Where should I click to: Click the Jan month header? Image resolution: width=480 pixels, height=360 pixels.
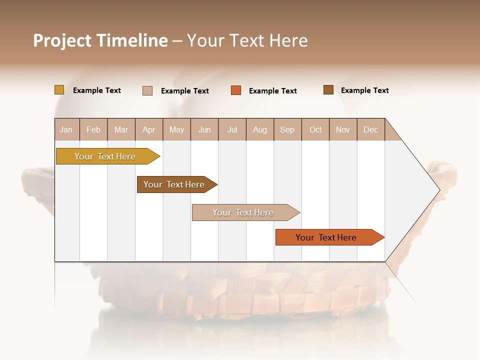point(66,129)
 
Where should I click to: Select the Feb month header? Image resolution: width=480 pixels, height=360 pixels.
point(93,129)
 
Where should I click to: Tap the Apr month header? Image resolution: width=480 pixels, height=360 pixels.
point(149,129)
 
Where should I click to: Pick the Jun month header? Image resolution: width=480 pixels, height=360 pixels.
point(204,129)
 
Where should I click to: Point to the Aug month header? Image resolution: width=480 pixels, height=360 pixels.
point(260,129)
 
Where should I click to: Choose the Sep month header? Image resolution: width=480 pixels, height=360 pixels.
point(287,129)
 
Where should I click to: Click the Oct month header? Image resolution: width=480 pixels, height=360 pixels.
point(315,129)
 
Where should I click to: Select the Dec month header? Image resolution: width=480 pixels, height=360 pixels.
point(371,129)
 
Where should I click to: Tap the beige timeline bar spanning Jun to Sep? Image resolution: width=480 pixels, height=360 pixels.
point(243,212)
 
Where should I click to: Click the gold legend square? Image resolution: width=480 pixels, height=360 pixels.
point(59,90)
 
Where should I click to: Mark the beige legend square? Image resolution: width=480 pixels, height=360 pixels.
point(147,90)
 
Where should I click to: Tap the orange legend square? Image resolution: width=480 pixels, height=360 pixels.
point(236,90)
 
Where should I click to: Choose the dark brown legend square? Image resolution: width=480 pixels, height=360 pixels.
point(328,90)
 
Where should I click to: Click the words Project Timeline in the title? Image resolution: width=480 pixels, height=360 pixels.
point(100,40)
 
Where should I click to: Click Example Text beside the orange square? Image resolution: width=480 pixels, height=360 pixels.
point(273,91)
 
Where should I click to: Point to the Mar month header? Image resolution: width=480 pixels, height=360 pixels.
point(121,129)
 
